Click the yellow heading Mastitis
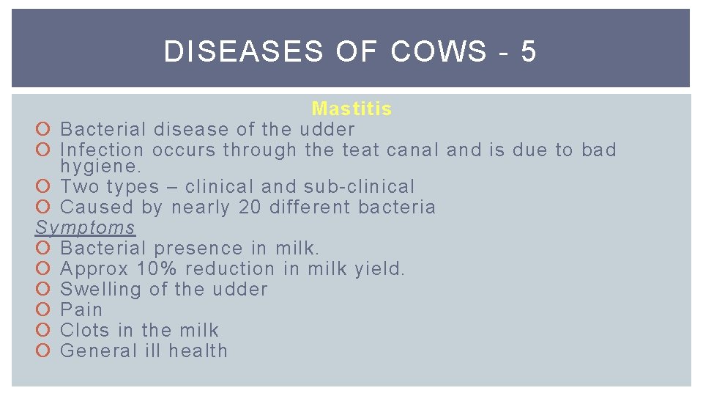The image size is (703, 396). (351, 109)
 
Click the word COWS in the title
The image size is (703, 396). (439, 52)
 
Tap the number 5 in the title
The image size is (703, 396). (529, 52)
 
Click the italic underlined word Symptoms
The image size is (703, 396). (86, 228)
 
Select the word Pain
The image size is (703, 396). (81, 310)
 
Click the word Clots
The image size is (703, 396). (86, 331)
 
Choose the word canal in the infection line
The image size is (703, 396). (412, 150)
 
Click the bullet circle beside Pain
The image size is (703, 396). (42, 310)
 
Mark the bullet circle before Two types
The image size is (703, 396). (42, 187)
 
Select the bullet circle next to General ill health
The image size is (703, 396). (42, 351)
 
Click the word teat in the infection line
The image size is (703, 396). (360, 150)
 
